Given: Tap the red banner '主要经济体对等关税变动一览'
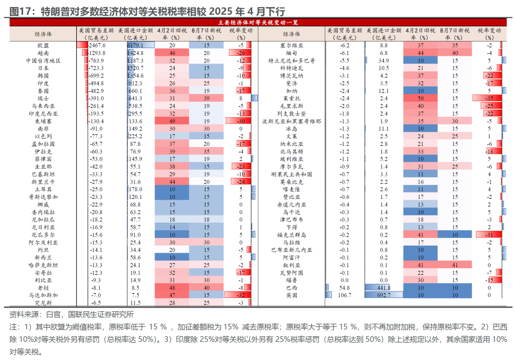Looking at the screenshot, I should click(x=257, y=22).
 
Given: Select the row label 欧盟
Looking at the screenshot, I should click(x=43, y=45).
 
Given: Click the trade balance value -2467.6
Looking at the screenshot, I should click(x=97, y=45).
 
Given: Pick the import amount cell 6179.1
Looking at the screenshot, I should click(x=135, y=45).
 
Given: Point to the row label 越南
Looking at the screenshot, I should click(x=43, y=53).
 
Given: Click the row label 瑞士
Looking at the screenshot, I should click(x=43, y=98).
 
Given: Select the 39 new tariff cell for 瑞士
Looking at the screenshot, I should click(x=206, y=98).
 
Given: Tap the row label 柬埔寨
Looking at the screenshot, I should click(x=43, y=121).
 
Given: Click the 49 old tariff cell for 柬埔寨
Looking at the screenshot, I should click(x=172, y=121).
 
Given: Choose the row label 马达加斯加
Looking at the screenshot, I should click(x=43, y=295).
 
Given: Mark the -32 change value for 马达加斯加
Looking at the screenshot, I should click(x=241, y=295).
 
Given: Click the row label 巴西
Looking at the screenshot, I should click(x=291, y=288).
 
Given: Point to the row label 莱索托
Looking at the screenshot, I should click(x=291, y=98).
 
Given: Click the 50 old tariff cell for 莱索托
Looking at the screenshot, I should click(x=421, y=98).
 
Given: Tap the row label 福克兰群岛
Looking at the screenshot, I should click(x=291, y=235).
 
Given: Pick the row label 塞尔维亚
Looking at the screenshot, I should click(x=291, y=45).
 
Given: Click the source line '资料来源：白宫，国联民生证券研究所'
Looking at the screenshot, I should click(x=72, y=315).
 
